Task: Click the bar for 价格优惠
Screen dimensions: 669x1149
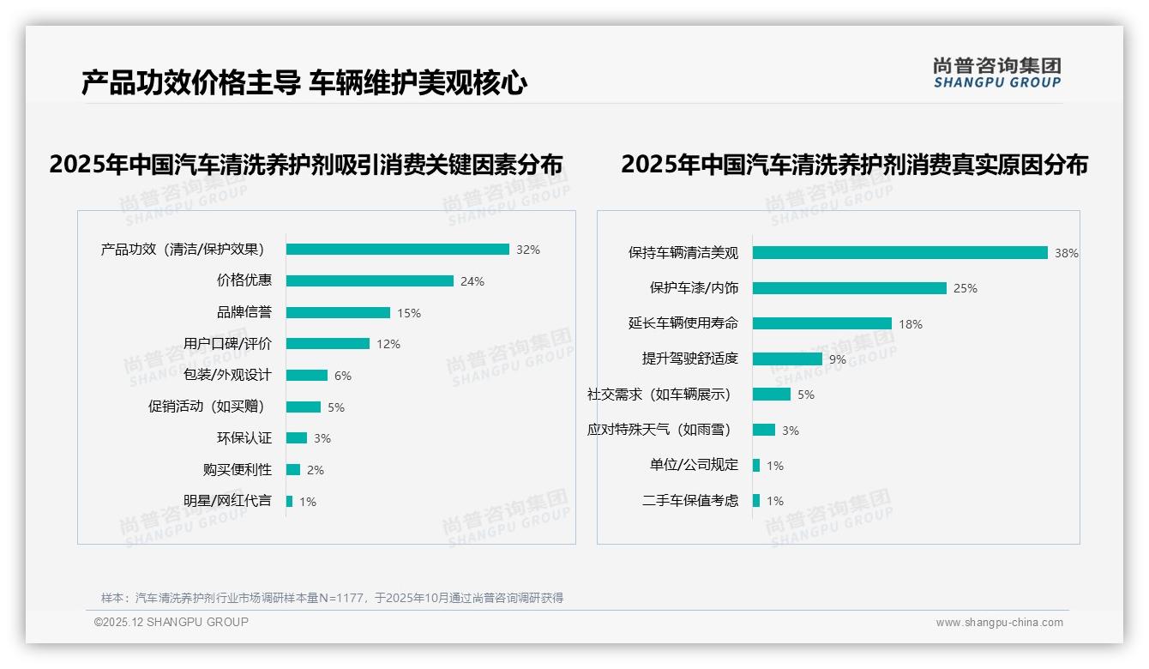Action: (x=370, y=280)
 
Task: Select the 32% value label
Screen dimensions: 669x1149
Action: (x=527, y=250)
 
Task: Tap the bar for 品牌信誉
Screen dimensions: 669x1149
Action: (x=338, y=312)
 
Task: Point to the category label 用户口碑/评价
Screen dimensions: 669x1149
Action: (x=227, y=344)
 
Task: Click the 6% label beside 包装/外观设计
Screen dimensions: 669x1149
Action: (x=342, y=376)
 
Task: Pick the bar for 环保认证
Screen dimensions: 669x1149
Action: (x=297, y=438)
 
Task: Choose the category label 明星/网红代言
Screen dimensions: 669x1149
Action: (x=227, y=501)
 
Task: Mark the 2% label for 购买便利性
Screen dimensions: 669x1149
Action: (x=315, y=470)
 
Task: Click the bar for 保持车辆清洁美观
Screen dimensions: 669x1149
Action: (x=899, y=252)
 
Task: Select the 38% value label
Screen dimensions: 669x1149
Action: (x=1066, y=253)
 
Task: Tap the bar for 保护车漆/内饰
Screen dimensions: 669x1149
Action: (x=849, y=288)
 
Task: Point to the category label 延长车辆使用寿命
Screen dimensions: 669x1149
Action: (x=683, y=323)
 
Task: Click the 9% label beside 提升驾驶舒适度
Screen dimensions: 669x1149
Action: (x=837, y=359)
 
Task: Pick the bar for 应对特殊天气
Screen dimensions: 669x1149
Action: (x=764, y=430)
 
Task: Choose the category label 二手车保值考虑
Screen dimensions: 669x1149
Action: (x=689, y=501)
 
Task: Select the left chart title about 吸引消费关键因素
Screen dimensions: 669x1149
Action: (x=305, y=165)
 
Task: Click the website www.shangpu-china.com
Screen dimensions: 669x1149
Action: (x=999, y=623)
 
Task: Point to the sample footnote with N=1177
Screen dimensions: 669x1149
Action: (x=332, y=598)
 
